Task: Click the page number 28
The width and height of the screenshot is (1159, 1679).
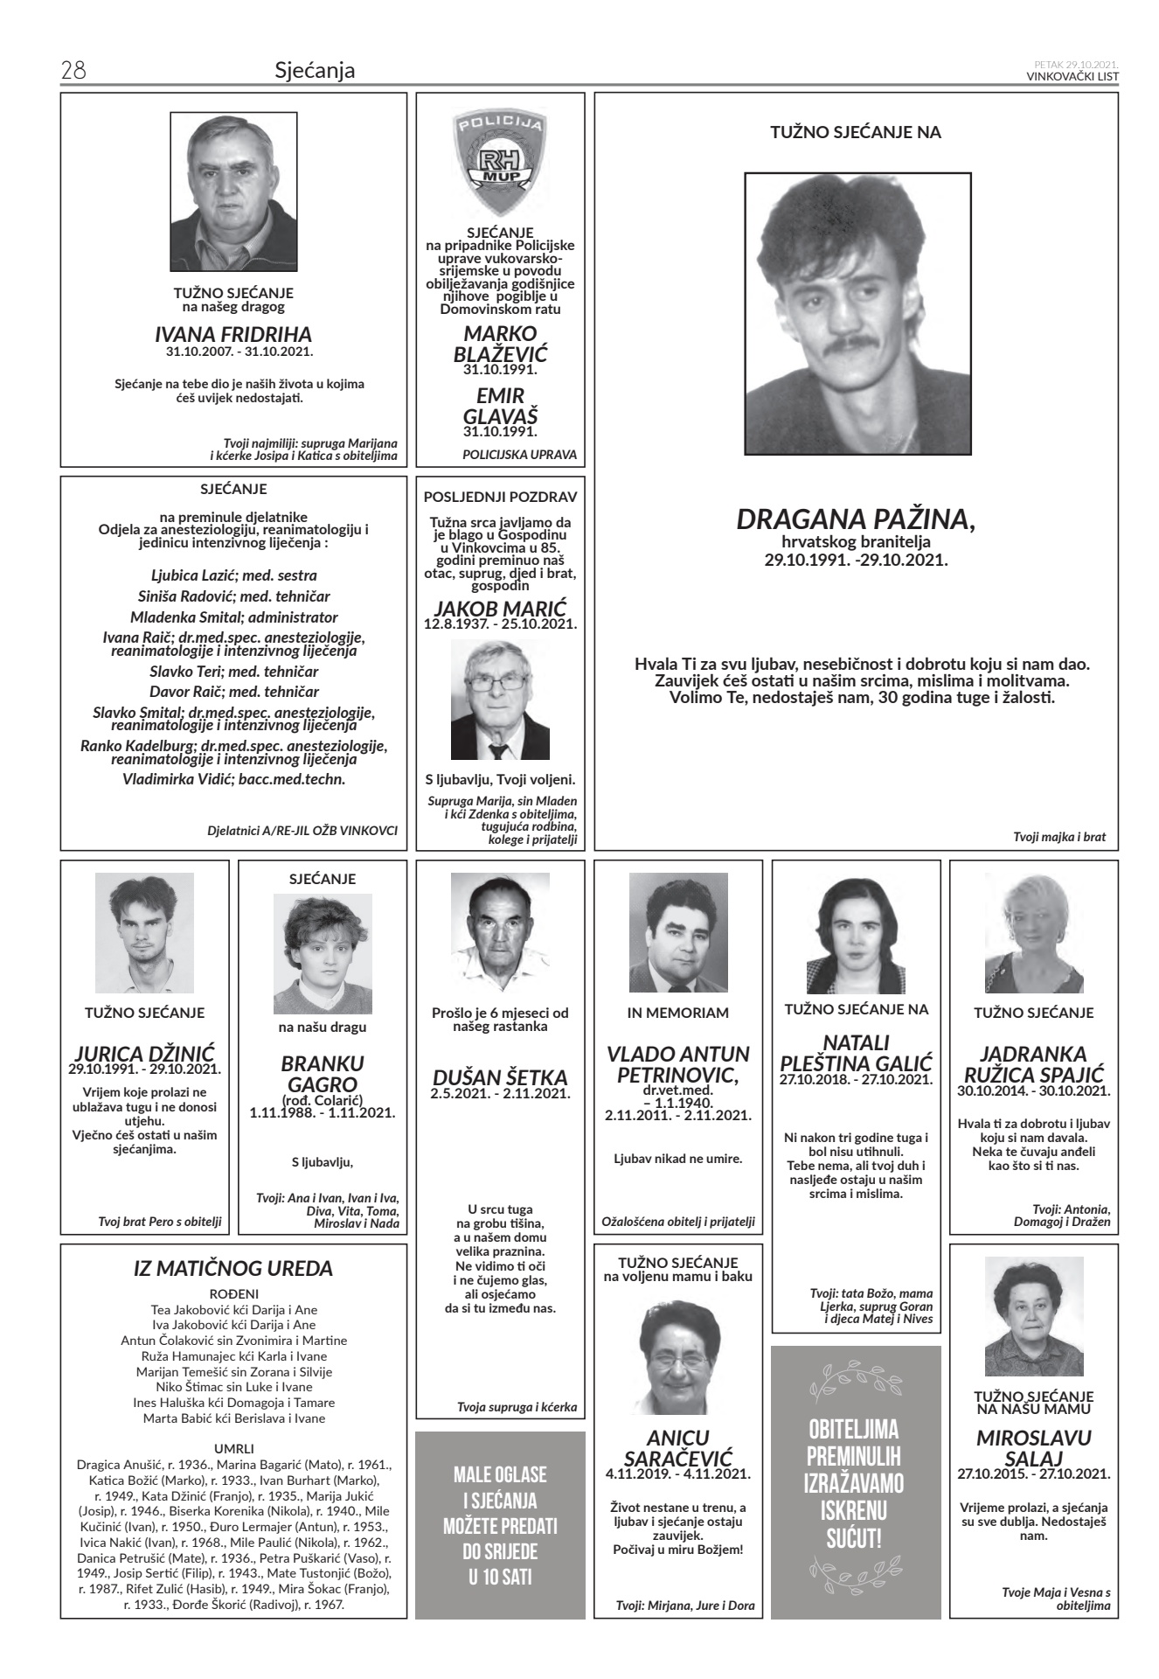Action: (72, 71)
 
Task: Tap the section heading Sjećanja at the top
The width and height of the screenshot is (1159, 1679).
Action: (315, 71)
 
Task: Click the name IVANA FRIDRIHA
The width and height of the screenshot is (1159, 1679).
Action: (233, 335)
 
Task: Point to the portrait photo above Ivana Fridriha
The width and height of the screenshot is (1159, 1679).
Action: (233, 193)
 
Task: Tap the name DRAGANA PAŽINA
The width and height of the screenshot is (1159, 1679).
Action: (856, 519)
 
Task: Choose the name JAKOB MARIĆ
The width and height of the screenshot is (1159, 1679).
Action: (501, 609)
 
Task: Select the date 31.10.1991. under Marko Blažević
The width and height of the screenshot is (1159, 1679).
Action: (501, 370)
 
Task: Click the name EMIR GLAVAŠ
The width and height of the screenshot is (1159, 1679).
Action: (501, 406)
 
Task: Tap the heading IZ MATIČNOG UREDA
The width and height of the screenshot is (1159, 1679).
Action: (233, 1268)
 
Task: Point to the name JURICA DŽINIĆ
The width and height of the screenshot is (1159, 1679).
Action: (145, 1053)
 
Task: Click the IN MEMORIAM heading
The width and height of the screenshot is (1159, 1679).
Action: (678, 1013)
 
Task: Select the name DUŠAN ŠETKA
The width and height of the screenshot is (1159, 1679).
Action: (501, 1077)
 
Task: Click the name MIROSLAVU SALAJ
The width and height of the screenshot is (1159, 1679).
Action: (1034, 1448)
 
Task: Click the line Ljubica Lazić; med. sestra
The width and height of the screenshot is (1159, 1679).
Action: (233, 575)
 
